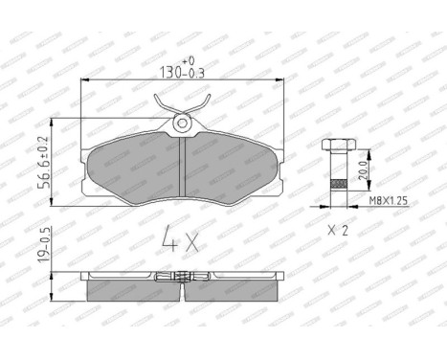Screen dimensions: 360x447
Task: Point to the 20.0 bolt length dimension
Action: pos(360,171)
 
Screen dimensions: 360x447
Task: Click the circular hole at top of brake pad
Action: pos(182,122)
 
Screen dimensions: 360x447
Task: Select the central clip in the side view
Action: pos(181,279)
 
